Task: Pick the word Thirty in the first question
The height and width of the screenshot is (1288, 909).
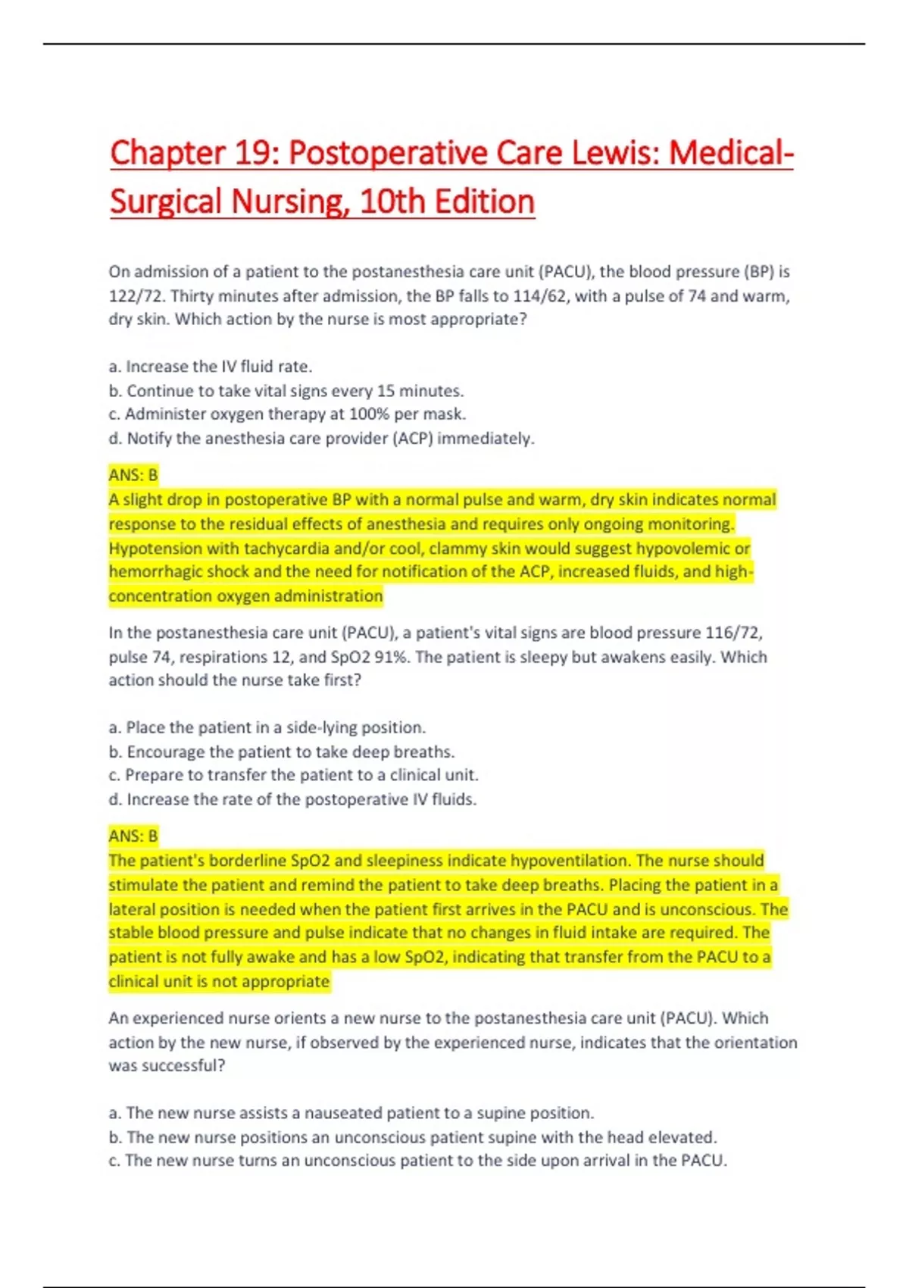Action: coord(192,295)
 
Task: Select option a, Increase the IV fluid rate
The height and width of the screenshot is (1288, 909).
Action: coord(211,367)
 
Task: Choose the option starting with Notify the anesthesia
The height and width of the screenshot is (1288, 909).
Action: coord(330,439)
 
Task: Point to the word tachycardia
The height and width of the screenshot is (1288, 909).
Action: coord(286,548)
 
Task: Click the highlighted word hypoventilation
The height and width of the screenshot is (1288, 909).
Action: coord(570,861)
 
